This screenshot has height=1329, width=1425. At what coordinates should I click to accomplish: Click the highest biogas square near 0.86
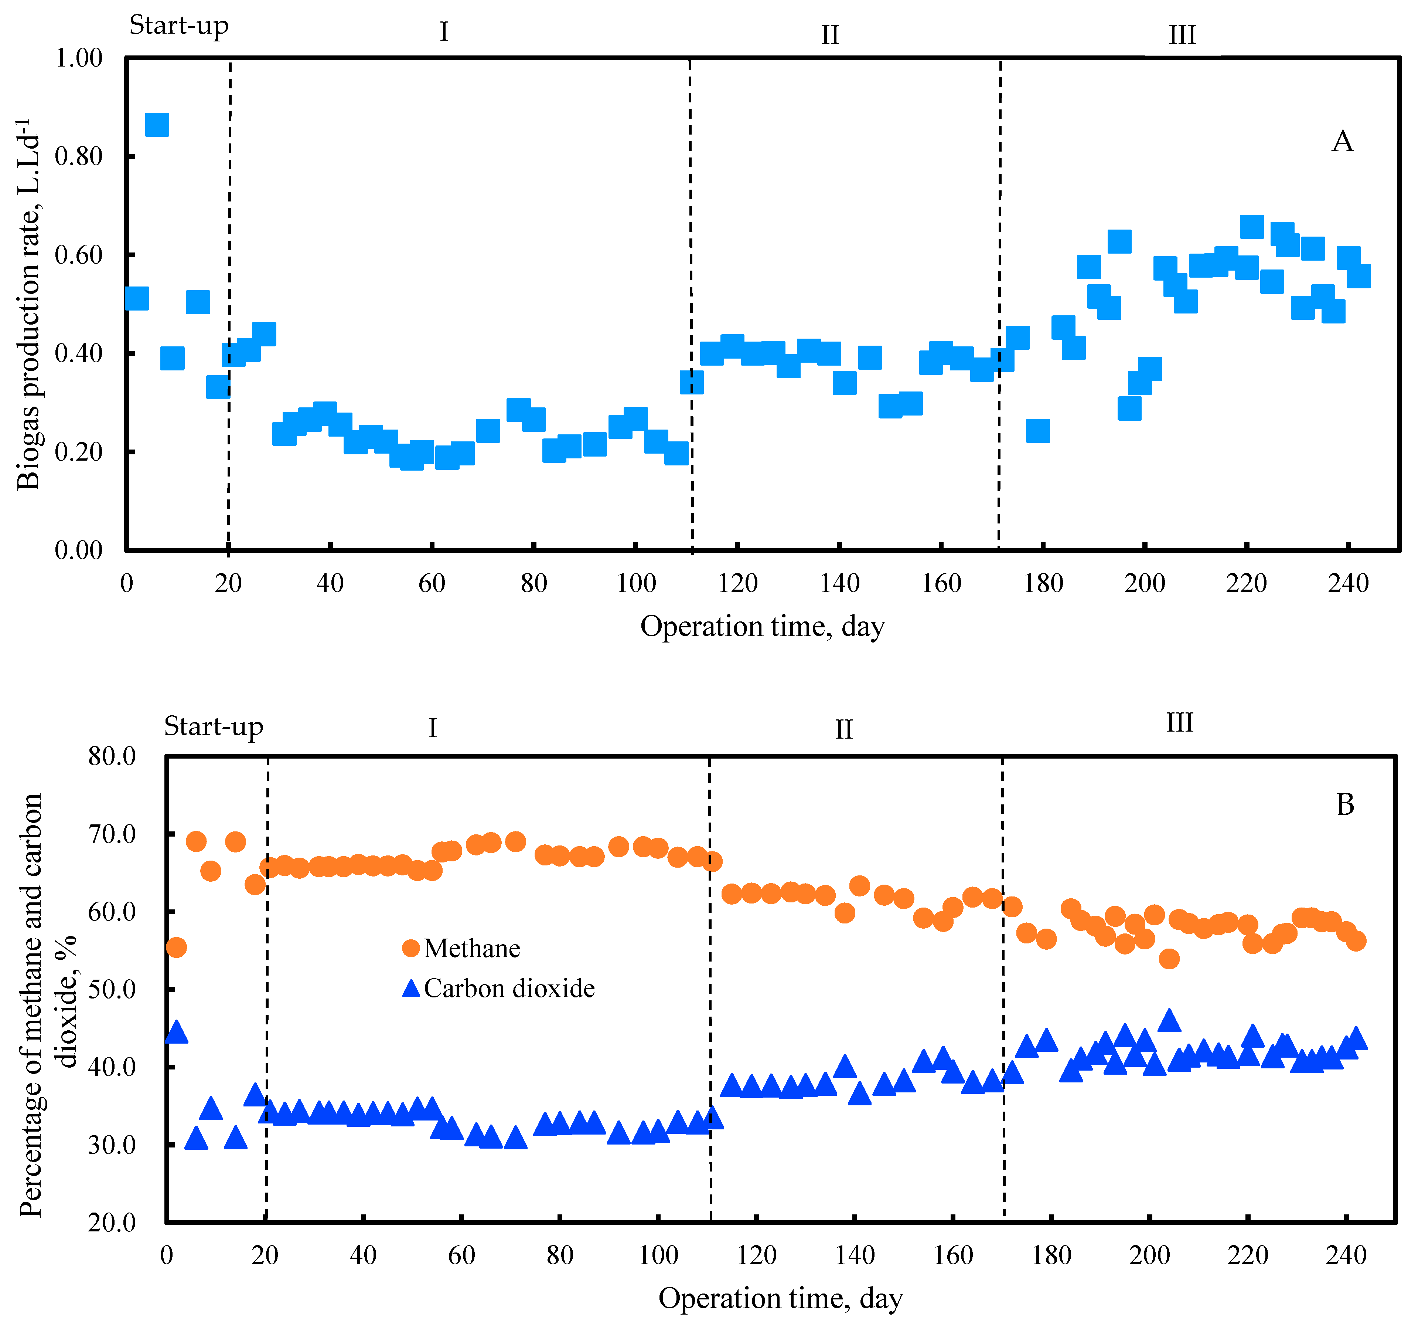point(157,125)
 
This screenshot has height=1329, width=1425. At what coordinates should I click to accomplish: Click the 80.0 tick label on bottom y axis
point(112,756)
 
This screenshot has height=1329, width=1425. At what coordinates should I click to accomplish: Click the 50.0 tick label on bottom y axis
point(112,989)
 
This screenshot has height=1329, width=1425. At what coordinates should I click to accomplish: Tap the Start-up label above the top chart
point(178,26)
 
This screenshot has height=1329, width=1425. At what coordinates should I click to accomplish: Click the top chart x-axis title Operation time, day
point(762,626)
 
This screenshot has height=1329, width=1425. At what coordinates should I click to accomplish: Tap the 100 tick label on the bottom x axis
point(658,1254)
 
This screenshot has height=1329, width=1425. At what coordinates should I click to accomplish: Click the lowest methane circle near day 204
point(1168,958)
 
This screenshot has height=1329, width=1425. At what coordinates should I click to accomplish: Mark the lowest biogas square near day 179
point(1037,431)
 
